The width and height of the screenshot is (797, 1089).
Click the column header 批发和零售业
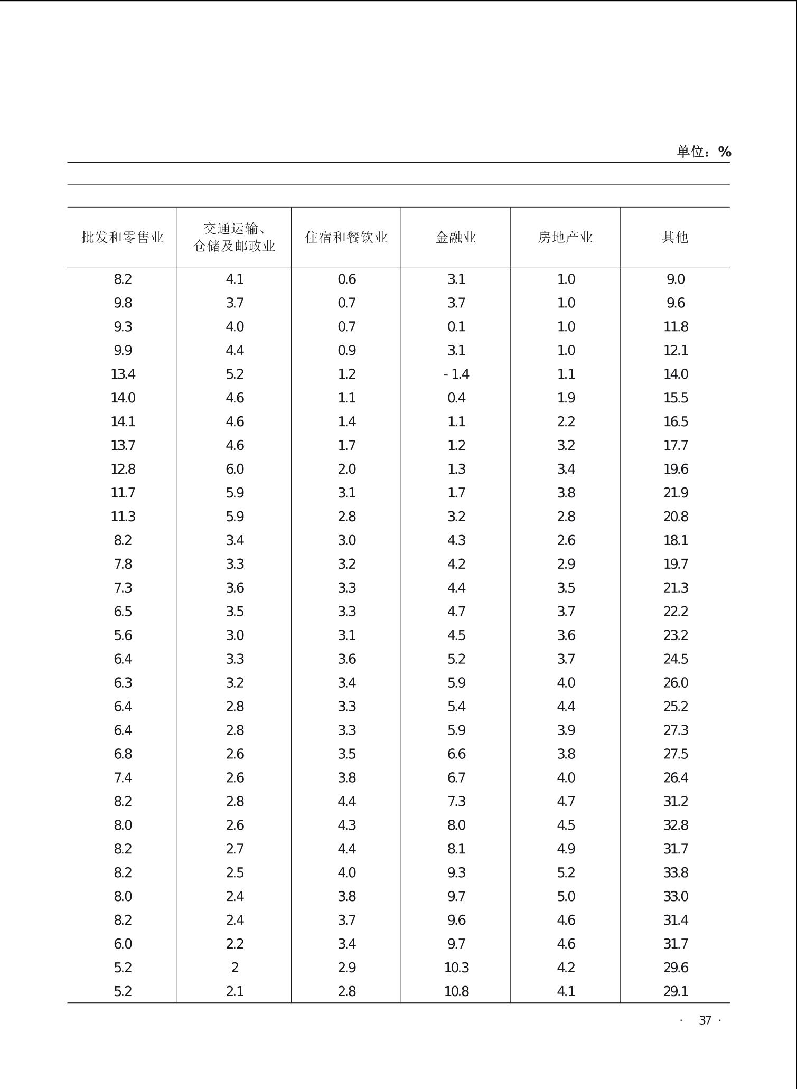tap(122, 237)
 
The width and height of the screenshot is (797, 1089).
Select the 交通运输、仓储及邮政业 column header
tap(234, 237)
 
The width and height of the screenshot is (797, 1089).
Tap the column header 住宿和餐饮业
tap(346, 237)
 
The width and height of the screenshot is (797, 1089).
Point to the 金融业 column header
tap(456, 237)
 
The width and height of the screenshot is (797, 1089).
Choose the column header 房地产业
tap(565, 237)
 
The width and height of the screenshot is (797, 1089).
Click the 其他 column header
tap(675, 237)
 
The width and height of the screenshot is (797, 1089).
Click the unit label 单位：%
tap(704, 152)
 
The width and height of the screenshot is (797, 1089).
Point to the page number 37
tap(705, 1020)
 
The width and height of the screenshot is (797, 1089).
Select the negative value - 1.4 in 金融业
tap(456, 374)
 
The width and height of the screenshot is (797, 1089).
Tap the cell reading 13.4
tap(123, 374)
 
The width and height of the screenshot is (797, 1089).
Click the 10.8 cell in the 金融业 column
tap(456, 991)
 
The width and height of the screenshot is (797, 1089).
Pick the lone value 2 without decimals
tap(235, 968)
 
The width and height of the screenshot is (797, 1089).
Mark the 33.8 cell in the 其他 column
tap(676, 872)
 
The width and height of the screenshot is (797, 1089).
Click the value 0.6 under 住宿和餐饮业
tap(347, 279)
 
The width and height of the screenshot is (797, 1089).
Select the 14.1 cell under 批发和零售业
tap(123, 422)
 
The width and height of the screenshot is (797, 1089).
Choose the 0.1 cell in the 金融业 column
tap(456, 327)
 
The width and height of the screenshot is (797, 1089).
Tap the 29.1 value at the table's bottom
tap(676, 991)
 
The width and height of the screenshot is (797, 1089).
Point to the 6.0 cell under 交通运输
tap(235, 470)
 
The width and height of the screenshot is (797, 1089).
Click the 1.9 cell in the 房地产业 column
tap(566, 398)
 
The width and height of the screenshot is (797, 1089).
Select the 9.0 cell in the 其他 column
tap(676, 279)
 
